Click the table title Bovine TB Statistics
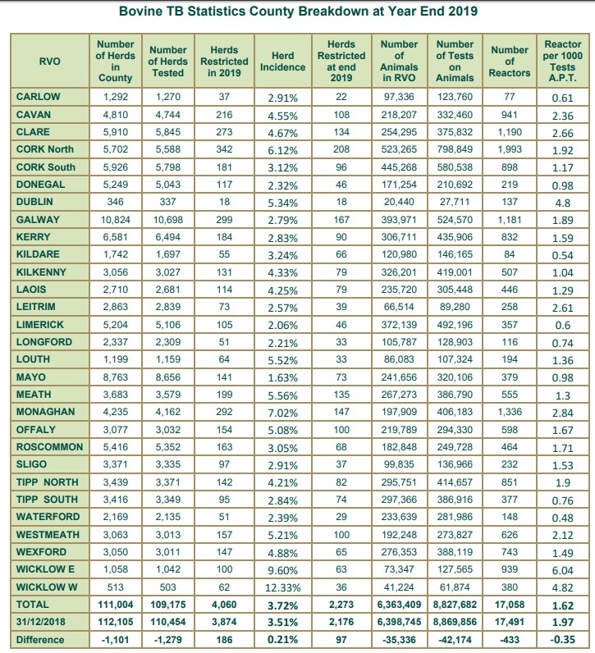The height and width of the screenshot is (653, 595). (298, 12)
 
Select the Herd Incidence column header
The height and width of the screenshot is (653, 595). (282, 61)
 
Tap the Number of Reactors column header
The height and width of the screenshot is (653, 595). (509, 61)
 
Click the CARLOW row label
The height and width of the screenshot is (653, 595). (37, 97)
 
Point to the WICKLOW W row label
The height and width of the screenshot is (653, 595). (46, 587)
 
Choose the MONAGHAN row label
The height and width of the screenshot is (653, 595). (45, 412)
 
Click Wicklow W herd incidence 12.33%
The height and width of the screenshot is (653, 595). (283, 587)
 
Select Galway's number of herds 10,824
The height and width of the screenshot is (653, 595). (116, 220)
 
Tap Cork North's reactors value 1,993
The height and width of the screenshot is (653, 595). (509, 149)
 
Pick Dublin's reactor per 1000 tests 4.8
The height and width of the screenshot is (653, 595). (562, 202)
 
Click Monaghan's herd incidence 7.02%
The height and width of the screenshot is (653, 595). (283, 412)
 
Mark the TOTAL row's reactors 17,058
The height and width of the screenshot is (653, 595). (509, 605)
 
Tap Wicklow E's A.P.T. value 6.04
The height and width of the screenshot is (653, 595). (562, 569)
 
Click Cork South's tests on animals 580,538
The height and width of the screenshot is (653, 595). (455, 167)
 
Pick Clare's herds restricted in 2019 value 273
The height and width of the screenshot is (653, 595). (224, 132)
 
